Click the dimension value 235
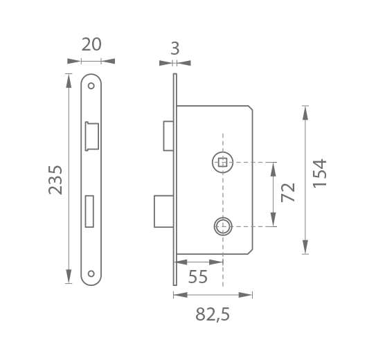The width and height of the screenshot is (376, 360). click(x=55, y=180)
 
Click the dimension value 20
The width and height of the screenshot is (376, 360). click(x=91, y=44)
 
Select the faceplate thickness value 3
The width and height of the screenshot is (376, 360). click(x=175, y=48)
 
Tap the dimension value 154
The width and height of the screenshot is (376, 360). click(x=320, y=173)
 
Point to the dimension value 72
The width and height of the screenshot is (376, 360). click(x=288, y=192)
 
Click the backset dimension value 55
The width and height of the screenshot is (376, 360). click(x=198, y=277)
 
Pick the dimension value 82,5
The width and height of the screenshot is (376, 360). click(x=213, y=314)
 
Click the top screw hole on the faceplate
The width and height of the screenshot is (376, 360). click(x=91, y=86)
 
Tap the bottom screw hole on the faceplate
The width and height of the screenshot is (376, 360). click(x=91, y=273)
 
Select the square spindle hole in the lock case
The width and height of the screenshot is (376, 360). click(x=223, y=162)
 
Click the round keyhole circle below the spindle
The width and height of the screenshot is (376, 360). click(x=223, y=226)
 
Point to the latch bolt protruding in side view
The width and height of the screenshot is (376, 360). click(x=168, y=136)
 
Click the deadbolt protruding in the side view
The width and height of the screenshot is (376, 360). click(x=164, y=211)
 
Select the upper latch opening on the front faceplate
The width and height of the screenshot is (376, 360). click(x=92, y=136)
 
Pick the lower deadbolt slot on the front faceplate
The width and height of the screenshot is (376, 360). click(x=89, y=211)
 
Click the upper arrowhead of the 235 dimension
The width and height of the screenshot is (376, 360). click(x=69, y=80)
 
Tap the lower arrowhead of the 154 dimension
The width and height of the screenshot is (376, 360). click(x=305, y=247)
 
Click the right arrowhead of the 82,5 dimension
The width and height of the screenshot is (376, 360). click(x=246, y=295)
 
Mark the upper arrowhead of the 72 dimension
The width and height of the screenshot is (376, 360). click(x=273, y=169)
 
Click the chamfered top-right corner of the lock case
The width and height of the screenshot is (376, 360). click(x=251, y=108)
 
